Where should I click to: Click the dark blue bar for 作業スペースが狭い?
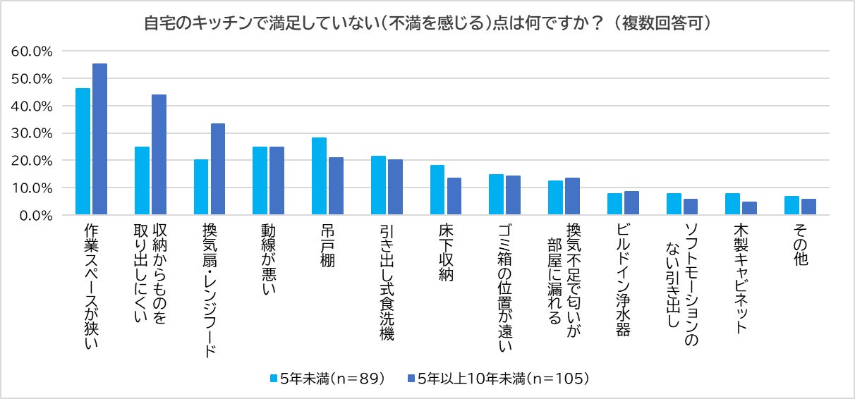(x=99, y=140)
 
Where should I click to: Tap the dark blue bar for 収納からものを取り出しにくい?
(x=159, y=155)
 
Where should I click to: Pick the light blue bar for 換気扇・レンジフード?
(x=201, y=188)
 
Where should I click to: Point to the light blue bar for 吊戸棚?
(x=319, y=176)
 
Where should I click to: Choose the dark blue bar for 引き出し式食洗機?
(x=395, y=188)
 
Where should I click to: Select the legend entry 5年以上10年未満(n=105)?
(x=497, y=379)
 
